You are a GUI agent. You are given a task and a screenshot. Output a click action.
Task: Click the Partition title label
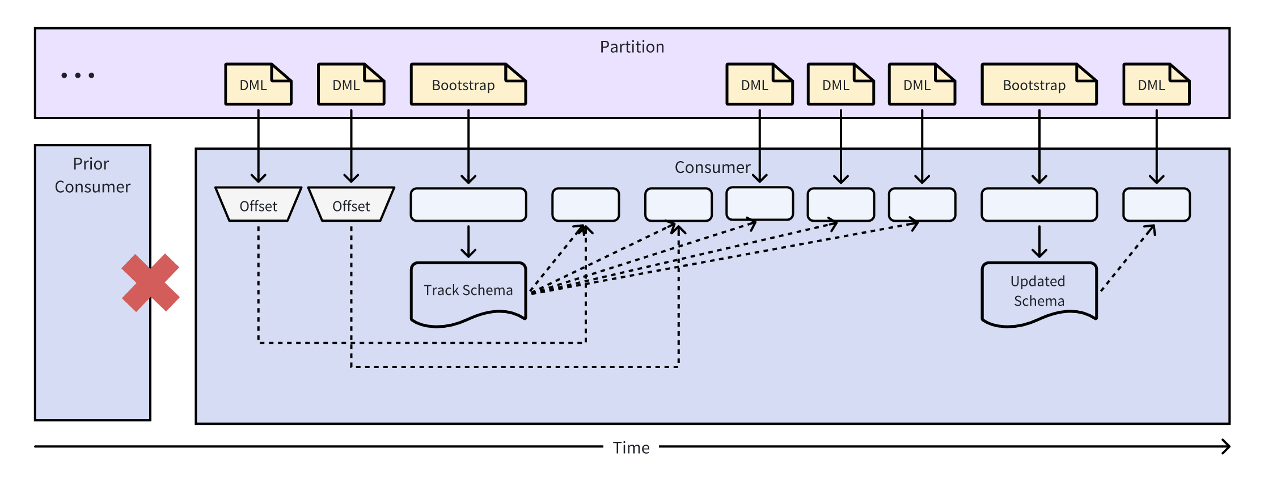tap(632, 47)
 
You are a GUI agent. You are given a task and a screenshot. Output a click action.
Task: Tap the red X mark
tap(150, 282)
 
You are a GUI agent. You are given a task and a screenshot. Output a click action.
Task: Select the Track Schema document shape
tap(468, 292)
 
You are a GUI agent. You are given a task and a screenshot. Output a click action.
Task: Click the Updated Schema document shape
tap(1039, 292)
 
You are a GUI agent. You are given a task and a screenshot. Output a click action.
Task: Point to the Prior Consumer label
tap(92, 175)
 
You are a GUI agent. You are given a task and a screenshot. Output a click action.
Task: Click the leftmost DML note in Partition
tap(258, 85)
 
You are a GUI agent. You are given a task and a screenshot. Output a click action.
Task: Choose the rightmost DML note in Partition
tap(1156, 85)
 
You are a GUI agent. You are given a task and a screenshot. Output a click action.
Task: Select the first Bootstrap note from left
tap(468, 85)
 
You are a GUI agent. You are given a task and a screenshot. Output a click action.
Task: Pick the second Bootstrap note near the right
tap(1039, 85)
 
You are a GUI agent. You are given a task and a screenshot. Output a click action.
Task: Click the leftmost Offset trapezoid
tap(258, 205)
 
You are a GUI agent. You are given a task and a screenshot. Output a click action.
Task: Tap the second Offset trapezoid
tap(351, 205)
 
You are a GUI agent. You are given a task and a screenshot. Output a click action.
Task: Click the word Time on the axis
tap(631, 448)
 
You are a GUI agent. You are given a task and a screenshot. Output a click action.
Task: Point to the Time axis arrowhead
tap(1226, 447)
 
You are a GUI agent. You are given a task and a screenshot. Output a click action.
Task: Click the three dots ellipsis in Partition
tap(78, 75)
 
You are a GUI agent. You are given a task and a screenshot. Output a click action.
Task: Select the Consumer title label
tap(712, 167)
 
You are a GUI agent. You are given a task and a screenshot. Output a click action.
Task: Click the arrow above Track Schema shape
tap(468, 242)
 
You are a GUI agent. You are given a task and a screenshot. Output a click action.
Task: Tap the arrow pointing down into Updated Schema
tap(1039, 242)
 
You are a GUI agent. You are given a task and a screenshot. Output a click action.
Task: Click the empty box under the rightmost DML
tap(1156, 205)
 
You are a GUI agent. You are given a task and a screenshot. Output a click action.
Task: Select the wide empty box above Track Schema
tap(468, 205)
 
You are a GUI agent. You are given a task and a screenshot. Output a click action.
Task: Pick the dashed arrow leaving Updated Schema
tap(1127, 259)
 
